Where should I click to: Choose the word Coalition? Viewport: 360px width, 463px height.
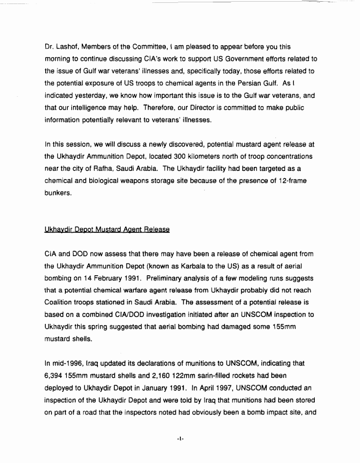tap(61, 302)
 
